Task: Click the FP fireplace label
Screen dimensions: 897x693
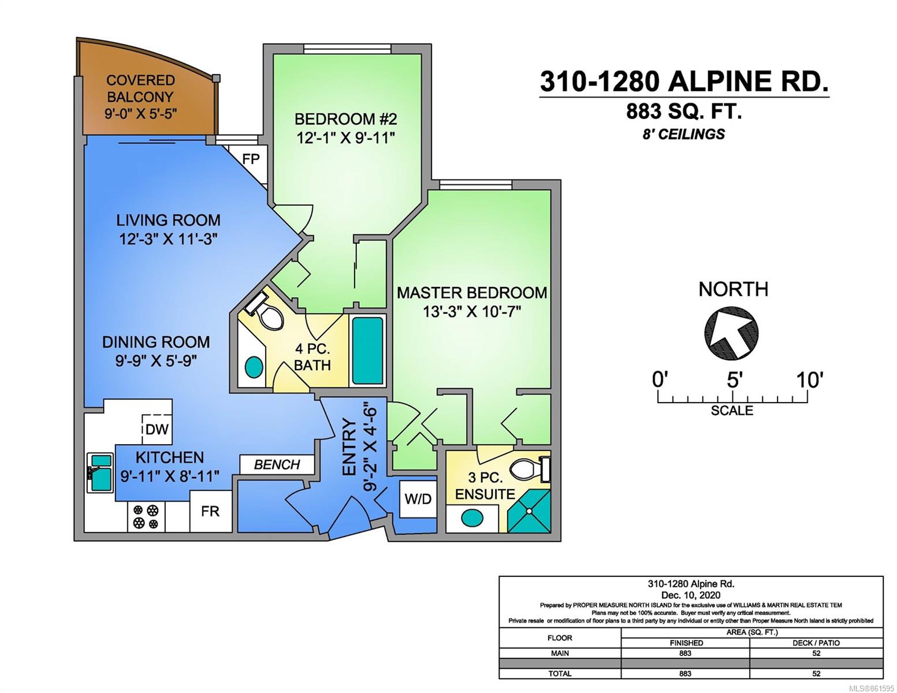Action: click(251, 159)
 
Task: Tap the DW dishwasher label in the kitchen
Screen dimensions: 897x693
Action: click(157, 429)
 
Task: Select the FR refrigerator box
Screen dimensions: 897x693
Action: click(210, 511)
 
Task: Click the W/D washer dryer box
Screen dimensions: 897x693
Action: click(418, 499)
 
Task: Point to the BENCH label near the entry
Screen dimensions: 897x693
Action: click(277, 464)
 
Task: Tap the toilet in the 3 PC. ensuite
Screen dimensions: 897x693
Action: click(530, 470)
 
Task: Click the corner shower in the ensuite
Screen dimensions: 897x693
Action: click(529, 511)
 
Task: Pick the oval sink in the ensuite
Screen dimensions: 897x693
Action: click(472, 517)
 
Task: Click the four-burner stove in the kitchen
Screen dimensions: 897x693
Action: click(146, 517)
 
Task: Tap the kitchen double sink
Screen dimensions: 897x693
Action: click(101, 472)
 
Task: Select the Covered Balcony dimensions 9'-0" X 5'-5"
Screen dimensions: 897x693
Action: click(141, 114)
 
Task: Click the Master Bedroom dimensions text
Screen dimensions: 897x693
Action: click(472, 312)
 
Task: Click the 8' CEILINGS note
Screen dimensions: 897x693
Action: click(684, 134)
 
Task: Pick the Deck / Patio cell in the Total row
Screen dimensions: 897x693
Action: click(816, 673)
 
